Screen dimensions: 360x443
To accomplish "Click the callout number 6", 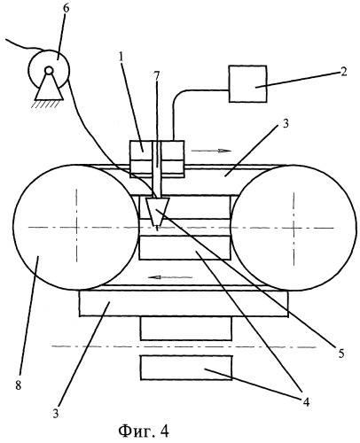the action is point(67,9).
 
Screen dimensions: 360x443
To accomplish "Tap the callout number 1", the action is point(121,57).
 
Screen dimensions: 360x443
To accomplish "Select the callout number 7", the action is point(156,76).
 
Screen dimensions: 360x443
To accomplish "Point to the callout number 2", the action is point(343,72).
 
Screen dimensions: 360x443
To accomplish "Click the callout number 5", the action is point(341,354).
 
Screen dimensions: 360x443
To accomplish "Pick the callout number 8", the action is point(19,385).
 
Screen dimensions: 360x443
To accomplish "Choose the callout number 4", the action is point(306,401).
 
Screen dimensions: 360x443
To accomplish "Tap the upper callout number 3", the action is point(285,123).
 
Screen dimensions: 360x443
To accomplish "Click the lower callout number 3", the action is point(56,414).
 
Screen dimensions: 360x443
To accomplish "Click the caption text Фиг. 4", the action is point(144,431).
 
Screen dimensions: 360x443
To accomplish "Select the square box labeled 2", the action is point(247,84).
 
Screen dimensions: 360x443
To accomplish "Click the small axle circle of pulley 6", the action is point(49,70).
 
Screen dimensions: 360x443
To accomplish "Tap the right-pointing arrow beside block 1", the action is point(211,151).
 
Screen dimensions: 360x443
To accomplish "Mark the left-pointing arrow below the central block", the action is point(170,277).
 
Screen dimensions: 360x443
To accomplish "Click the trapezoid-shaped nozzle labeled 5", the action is point(157,212).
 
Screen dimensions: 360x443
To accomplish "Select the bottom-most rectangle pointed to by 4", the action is point(186,368).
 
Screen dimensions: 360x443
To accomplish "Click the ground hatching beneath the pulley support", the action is point(46,104).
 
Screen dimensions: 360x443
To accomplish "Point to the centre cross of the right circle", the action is point(293,228).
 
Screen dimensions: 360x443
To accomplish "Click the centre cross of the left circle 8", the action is point(76,227).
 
